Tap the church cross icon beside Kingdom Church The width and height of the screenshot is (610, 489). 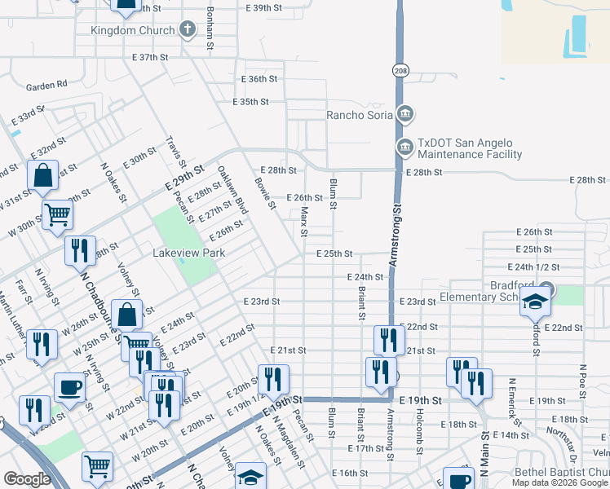(x=188, y=30)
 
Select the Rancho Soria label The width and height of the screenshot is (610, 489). (x=360, y=115)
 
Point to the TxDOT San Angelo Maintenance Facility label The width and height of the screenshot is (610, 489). (x=469, y=148)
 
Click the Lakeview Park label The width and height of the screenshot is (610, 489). (x=188, y=253)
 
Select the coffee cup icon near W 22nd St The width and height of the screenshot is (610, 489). (x=70, y=386)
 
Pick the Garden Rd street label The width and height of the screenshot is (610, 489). (x=46, y=86)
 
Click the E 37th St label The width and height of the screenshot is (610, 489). (x=149, y=58)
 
